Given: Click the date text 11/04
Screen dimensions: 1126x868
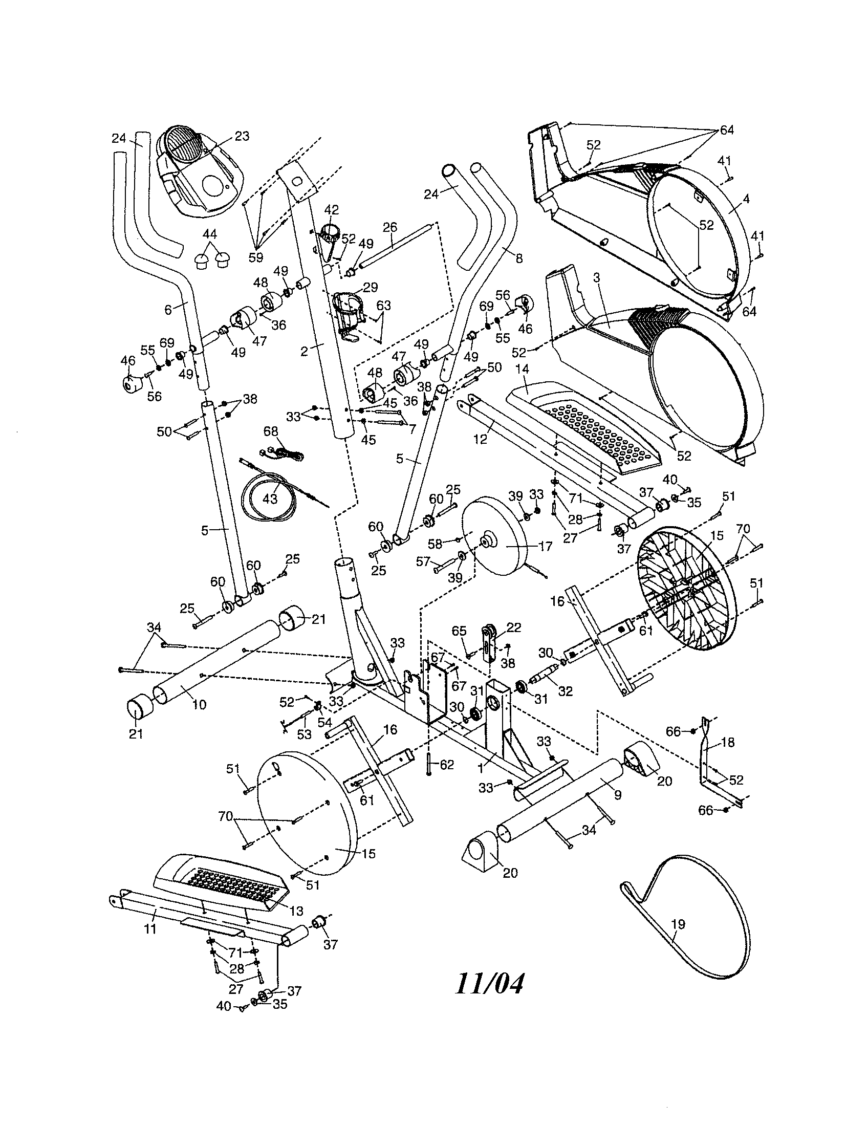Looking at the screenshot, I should point(489,984).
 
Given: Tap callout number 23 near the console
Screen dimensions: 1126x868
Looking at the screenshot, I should point(242,136).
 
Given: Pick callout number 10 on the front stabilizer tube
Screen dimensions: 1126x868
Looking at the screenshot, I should point(199,705).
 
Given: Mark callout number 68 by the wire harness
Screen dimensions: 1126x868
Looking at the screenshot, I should point(270,431).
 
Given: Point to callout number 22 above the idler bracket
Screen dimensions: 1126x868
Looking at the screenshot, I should point(513,627).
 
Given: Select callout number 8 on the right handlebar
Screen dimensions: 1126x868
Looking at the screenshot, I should point(519,258).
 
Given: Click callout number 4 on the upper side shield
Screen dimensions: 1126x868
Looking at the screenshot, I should point(746,199).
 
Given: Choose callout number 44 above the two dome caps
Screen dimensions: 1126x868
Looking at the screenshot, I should point(209,233).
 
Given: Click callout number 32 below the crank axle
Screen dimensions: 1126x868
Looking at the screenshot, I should point(566,691).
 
